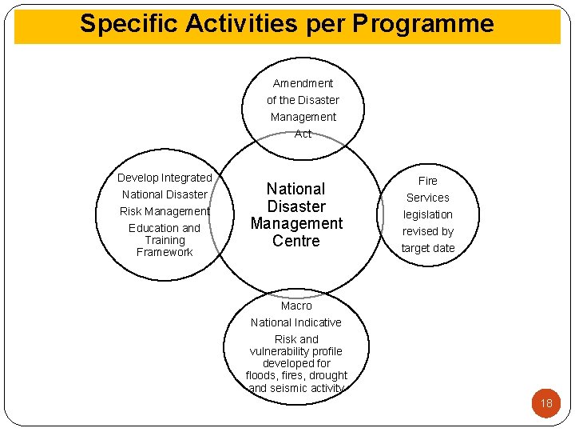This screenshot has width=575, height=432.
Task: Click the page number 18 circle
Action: [x=546, y=403]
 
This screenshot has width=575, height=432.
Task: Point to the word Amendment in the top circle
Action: [x=303, y=83]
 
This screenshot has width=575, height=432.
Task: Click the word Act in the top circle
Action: [x=303, y=134]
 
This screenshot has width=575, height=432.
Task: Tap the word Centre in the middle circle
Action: [x=295, y=241]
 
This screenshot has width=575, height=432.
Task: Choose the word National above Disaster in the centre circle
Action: [x=295, y=189]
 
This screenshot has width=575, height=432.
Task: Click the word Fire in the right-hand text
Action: [x=428, y=181]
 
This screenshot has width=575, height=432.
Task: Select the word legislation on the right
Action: [x=427, y=214]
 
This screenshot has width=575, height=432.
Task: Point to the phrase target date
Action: [x=427, y=248]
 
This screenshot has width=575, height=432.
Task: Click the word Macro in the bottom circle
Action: [x=296, y=306]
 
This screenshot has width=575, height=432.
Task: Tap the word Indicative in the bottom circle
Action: [x=319, y=322]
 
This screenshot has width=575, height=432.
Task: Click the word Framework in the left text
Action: [x=165, y=252]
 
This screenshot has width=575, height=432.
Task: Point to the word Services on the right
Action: [x=427, y=198]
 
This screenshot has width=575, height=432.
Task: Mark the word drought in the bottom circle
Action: [x=329, y=375]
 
